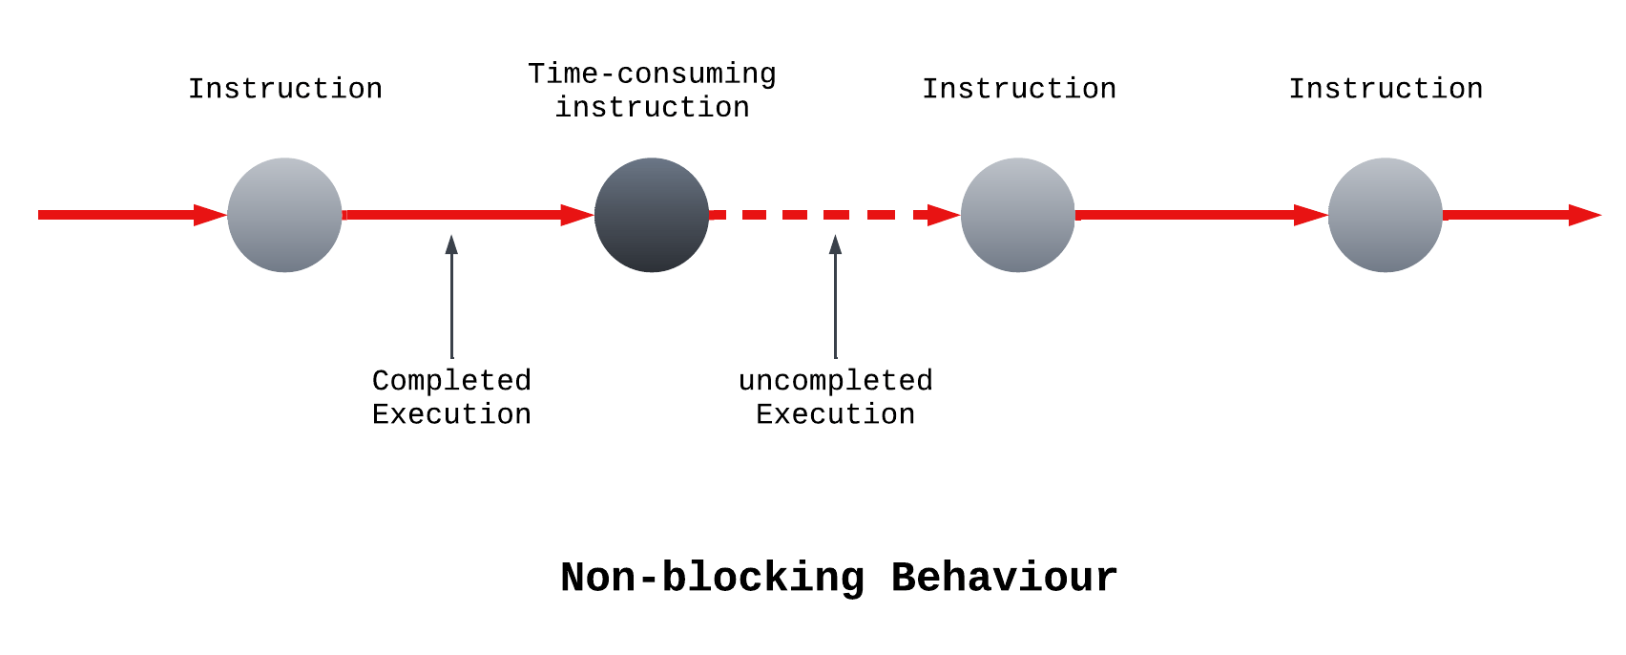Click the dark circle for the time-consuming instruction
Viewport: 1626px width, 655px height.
[x=652, y=215]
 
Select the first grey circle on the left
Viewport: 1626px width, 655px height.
[x=284, y=215]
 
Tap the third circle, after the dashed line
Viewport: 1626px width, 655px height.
[x=1018, y=215]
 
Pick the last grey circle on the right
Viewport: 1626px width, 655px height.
[x=1385, y=215]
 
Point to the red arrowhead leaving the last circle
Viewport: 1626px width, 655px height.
[x=1584, y=215]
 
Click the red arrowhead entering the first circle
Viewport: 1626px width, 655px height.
[x=210, y=215]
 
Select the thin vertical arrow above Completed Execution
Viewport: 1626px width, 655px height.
[x=451, y=296]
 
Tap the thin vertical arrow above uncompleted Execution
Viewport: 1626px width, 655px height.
[x=835, y=296]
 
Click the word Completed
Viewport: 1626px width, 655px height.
[x=451, y=380]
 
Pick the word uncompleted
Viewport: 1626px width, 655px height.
[x=835, y=380]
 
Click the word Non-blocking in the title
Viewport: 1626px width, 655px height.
[x=712, y=578]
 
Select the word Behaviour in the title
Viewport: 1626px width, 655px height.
[x=1004, y=578]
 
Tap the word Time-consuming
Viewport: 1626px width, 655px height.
[x=652, y=74]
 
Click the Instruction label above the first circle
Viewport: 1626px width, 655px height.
[x=284, y=89]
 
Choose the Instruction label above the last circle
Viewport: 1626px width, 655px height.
[x=1386, y=89]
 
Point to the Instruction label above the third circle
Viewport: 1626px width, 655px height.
[x=1018, y=89]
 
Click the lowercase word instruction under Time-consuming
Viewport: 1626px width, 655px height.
[x=652, y=107]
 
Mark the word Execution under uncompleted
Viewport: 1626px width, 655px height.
[x=835, y=414]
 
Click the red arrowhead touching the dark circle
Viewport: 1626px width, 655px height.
[x=577, y=215]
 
